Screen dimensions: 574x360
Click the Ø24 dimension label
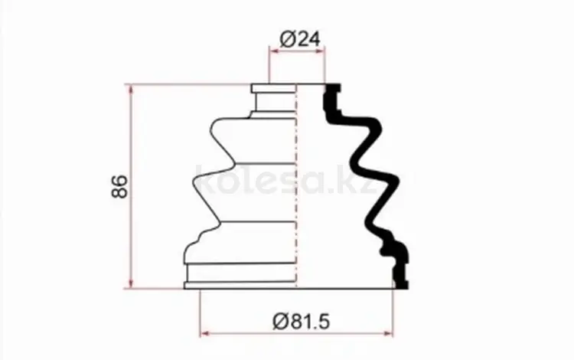coord(300,39)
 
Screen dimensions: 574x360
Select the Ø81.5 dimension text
coord(301,321)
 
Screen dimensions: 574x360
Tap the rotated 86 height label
coord(120,187)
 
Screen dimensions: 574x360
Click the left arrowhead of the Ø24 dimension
coord(274,51)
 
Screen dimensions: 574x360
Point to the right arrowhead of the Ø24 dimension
coord(320,51)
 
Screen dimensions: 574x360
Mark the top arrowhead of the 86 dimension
coord(131,90)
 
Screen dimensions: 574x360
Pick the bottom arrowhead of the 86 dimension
coord(131,283)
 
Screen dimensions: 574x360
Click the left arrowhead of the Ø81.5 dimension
coord(205,333)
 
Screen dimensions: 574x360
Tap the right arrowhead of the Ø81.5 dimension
coord(388,333)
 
